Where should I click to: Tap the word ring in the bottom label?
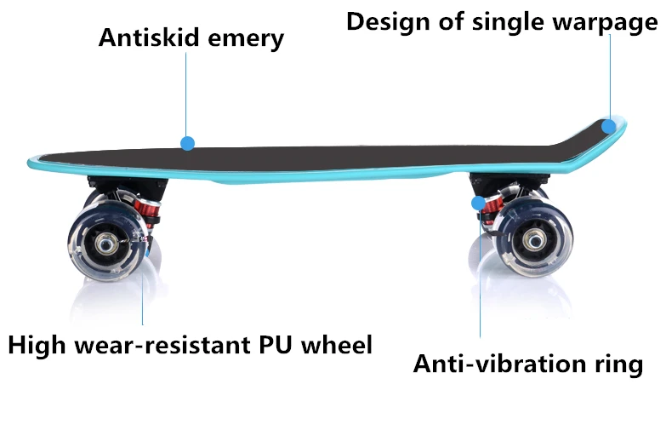click(617, 365)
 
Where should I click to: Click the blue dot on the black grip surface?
click(187, 143)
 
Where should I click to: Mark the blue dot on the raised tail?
click(608, 126)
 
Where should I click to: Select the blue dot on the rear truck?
click(478, 203)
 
